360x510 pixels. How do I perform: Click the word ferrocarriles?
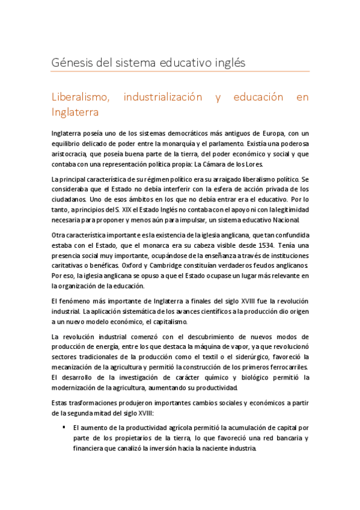click(285, 367)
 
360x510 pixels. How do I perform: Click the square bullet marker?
click(64, 427)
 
